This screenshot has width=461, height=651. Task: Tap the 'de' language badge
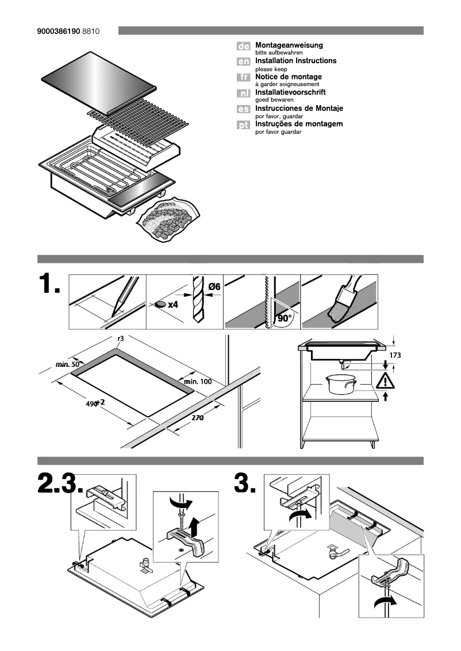[243, 46]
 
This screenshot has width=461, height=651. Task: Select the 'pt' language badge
[243, 125]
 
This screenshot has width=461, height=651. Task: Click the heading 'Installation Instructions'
[295, 60]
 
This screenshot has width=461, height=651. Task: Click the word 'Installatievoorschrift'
[290, 92]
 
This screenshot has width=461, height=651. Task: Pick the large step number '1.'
[49, 286]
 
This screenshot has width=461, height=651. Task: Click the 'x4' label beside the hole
[173, 305]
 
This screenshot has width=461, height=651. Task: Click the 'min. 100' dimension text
[198, 382]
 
